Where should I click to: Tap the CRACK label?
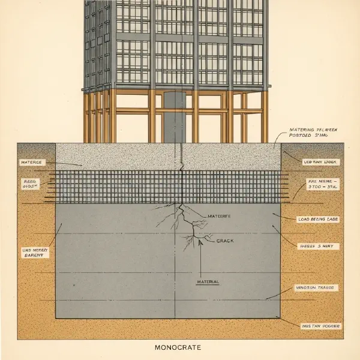click(225, 241)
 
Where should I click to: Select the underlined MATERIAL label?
click(208, 281)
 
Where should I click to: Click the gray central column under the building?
click(174, 117)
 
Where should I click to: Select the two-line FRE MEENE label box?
click(322, 184)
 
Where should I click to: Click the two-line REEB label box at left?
click(30, 183)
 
